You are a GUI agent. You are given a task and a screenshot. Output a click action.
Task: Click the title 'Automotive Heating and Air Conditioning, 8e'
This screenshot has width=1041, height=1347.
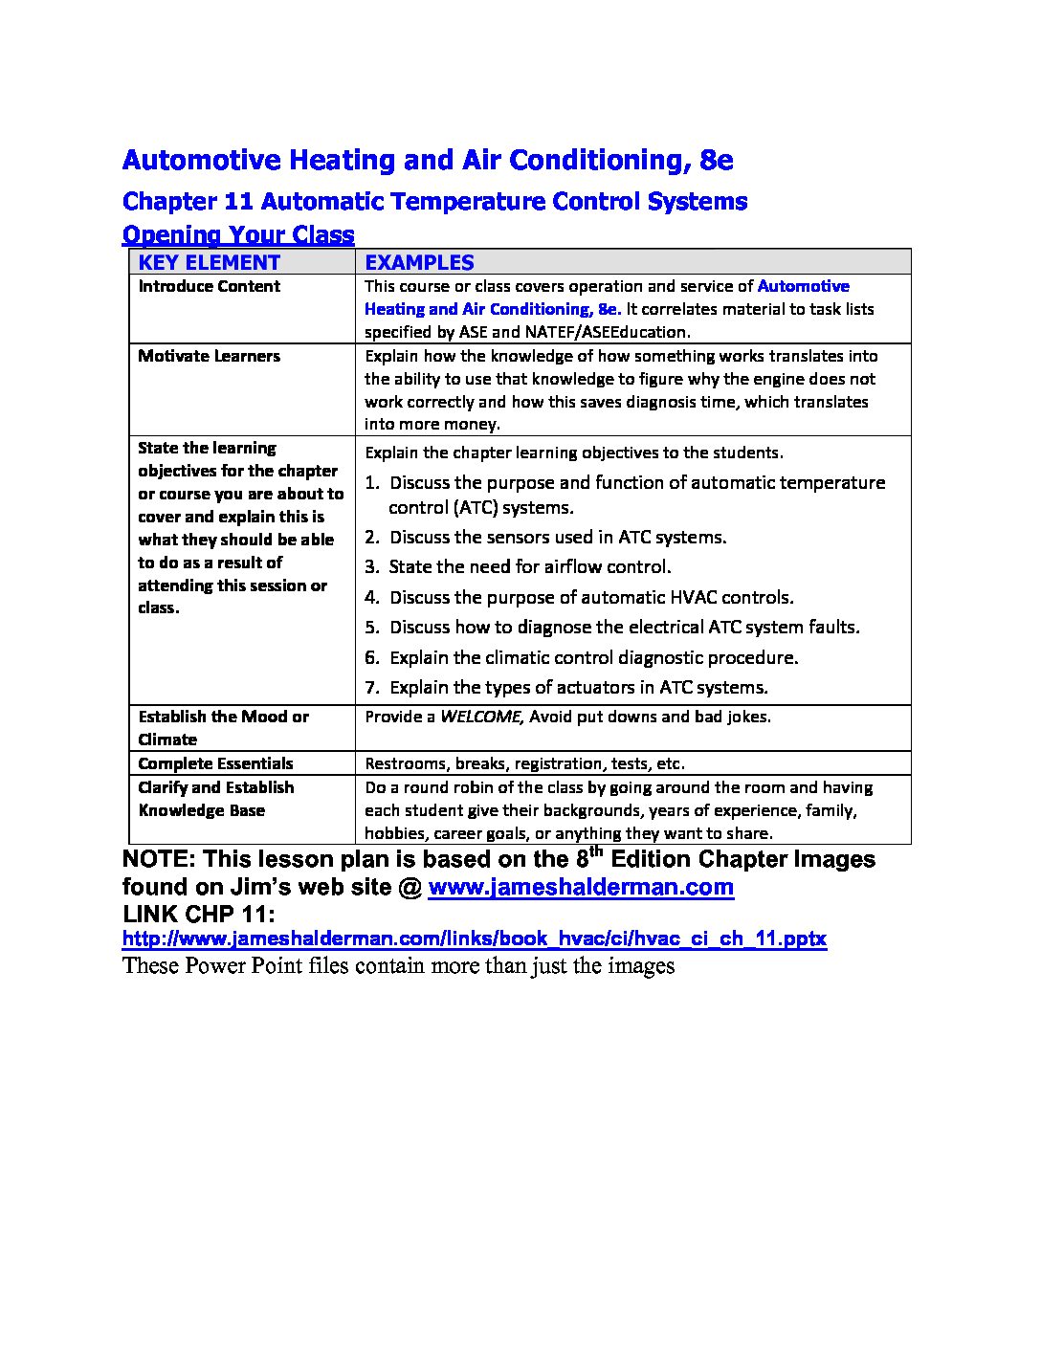[428, 160]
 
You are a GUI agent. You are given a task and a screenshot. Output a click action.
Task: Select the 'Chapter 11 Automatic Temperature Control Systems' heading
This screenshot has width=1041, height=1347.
[435, 202]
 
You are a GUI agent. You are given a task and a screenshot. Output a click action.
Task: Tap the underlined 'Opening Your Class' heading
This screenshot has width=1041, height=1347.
[238, 234]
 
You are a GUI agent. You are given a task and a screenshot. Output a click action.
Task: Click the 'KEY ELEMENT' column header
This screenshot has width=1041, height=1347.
[209, 263]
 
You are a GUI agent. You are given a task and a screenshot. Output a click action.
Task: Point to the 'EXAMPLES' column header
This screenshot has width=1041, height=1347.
[419, 263]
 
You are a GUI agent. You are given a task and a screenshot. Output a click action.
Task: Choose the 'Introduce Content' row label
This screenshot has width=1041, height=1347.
[209, 286]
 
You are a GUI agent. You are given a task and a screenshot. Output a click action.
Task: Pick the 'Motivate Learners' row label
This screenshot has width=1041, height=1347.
[209, 356]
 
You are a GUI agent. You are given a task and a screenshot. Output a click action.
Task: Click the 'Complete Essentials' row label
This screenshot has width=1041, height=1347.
[215, 763]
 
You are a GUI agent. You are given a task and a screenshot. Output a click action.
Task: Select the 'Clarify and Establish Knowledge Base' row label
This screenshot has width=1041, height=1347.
[215, 799]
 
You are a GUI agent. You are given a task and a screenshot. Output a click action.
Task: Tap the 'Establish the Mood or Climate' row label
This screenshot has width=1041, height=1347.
[223, 728]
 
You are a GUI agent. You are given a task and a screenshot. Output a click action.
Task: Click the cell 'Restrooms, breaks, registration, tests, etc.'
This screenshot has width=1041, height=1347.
[524, 763]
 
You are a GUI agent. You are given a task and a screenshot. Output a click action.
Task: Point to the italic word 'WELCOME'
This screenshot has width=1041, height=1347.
[480, 717]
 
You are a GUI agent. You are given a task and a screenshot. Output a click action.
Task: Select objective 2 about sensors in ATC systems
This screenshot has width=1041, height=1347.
[558, 538]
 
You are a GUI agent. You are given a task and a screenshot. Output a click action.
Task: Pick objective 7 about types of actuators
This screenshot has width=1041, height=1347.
[578, 687]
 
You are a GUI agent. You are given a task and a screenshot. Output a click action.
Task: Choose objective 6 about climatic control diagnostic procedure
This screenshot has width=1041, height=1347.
[593, 657]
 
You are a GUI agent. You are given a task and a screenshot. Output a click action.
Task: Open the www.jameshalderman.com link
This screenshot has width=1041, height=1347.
[581, 887]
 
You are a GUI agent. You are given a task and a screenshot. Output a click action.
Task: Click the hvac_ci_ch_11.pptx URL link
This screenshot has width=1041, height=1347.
[475, 938]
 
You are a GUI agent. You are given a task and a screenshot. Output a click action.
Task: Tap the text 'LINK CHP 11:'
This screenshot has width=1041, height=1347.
[199, 915]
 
